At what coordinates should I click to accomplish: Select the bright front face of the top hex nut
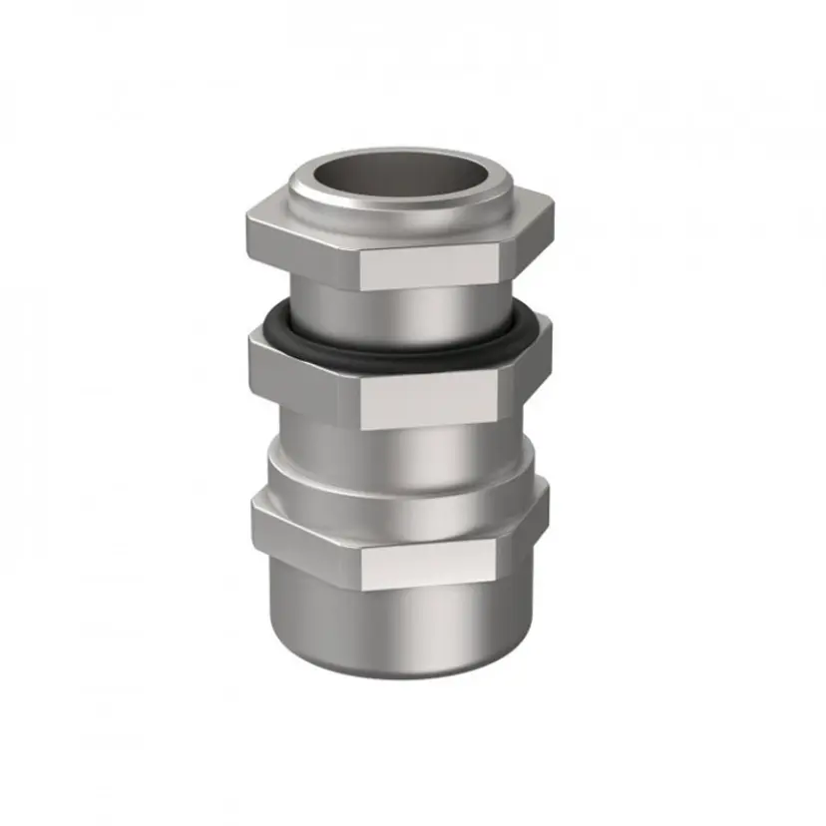(x=429, y=267)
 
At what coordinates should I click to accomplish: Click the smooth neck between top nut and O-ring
(x=399, y=309)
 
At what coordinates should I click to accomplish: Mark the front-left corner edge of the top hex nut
(x=358, y=265)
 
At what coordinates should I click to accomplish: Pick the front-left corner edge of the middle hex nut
(x=358, y=399)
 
